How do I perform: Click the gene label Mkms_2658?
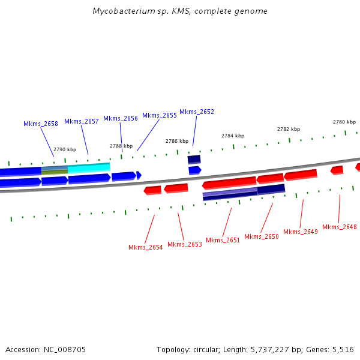click(x=41, y=124)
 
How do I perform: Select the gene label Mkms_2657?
click(x=82, y=121)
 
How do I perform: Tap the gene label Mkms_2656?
click(x=121, y=118)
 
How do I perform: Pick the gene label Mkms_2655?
click(x=160, y=115)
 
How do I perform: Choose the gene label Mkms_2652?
click(x=197, y=112)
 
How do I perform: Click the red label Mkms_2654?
click(x=146, y=247)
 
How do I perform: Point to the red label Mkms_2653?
click(x=185, y=244)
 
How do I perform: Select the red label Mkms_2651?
click(x=223, y=240)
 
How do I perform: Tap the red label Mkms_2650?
click(x=262, y=236)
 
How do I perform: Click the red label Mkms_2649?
click(x=301, y=232)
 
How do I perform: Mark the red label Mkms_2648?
click(x=340, y=227)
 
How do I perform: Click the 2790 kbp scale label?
click(x=65, y=149)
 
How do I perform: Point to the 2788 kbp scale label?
click(x=121, y=145)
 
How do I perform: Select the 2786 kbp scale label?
click(x=177, y=141)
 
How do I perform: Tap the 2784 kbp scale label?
click(x=233, y=136)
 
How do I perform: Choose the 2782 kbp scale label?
click(x=289, y=129)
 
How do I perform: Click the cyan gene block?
click(x=89, y=168)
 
